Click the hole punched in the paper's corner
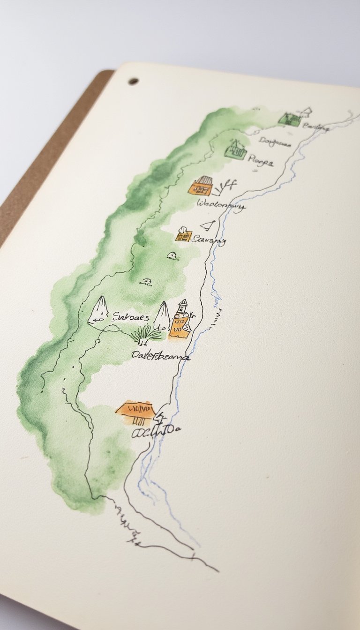tap(134, 81)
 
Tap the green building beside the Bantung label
tap(289, 119)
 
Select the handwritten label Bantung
tap(316, 127)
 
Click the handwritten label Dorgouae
tap(275, 143)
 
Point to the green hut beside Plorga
tap(236, 151)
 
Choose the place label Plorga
tap(260, 161)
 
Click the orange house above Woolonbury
tap(201, 186)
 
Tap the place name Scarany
tap(209, 240)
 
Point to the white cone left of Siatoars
tap(99, 310)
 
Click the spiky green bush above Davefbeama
tap(146, 335)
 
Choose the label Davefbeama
tap(160, 356)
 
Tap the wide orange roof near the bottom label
tap(135, 408)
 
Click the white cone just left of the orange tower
tap(162, 316)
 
